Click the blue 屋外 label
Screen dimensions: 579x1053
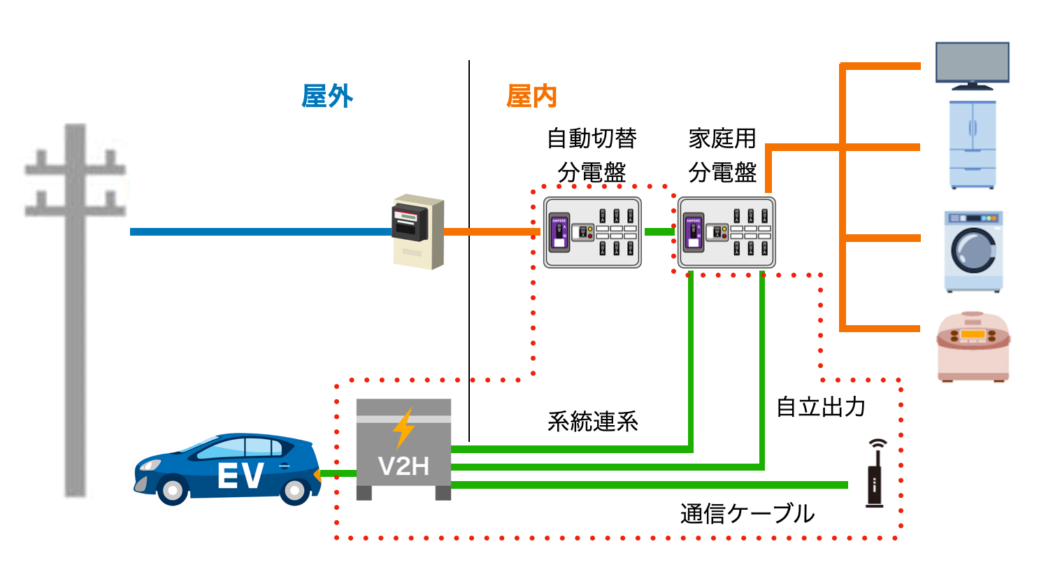327,96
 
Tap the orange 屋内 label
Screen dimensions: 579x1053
531,96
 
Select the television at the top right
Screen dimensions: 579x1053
972,64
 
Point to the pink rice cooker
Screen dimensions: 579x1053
973,347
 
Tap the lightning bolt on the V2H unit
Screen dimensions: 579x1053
403,427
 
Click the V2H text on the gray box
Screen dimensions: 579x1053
403,466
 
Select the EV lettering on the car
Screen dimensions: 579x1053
240,476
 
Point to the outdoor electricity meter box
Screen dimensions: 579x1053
417,231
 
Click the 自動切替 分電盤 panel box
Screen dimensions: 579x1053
592,232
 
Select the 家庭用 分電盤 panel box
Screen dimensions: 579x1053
726,232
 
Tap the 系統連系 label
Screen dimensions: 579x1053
592,422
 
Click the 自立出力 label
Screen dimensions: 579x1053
821,407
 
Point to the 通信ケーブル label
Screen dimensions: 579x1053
747,514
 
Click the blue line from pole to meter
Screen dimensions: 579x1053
259,231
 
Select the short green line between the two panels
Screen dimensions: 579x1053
659,231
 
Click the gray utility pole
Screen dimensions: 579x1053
76,315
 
